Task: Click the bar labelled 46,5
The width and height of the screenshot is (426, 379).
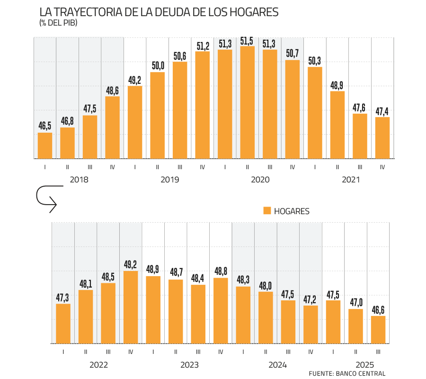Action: click(x=45, y=145)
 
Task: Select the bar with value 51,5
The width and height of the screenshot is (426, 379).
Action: click(x=247, y=102)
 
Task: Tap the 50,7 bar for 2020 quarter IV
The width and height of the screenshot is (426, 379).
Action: click(x=293, y=109)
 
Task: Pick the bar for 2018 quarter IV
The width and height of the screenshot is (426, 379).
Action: click(x=112, y=127)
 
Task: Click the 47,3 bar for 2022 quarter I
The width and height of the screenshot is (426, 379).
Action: click(x=63, y=323)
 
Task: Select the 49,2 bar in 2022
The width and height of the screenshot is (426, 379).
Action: click(x=131, y=307)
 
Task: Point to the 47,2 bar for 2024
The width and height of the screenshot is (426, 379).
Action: click(x=311, y=324)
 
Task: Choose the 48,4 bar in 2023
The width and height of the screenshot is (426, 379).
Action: click(x=198, y=314)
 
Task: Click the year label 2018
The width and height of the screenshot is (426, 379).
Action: click(x=79, y=180)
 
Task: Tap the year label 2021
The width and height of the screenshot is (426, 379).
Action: click(x=351, y=180)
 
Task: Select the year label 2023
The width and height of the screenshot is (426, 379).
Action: click(x=189, y=365)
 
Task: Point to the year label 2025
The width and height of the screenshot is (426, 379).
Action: click(x=364, y=365)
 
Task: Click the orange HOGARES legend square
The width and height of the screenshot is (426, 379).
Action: click(x=267, y=211)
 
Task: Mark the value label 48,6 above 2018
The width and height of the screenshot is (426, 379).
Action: click(x=112, y=90)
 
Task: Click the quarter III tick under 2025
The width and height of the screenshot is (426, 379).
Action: click(x=378, y=352)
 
